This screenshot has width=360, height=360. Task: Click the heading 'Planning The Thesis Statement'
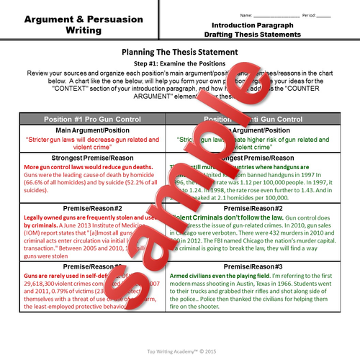click(x=179, y=53)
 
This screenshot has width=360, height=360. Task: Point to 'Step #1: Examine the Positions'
click(x=179, y=64)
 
